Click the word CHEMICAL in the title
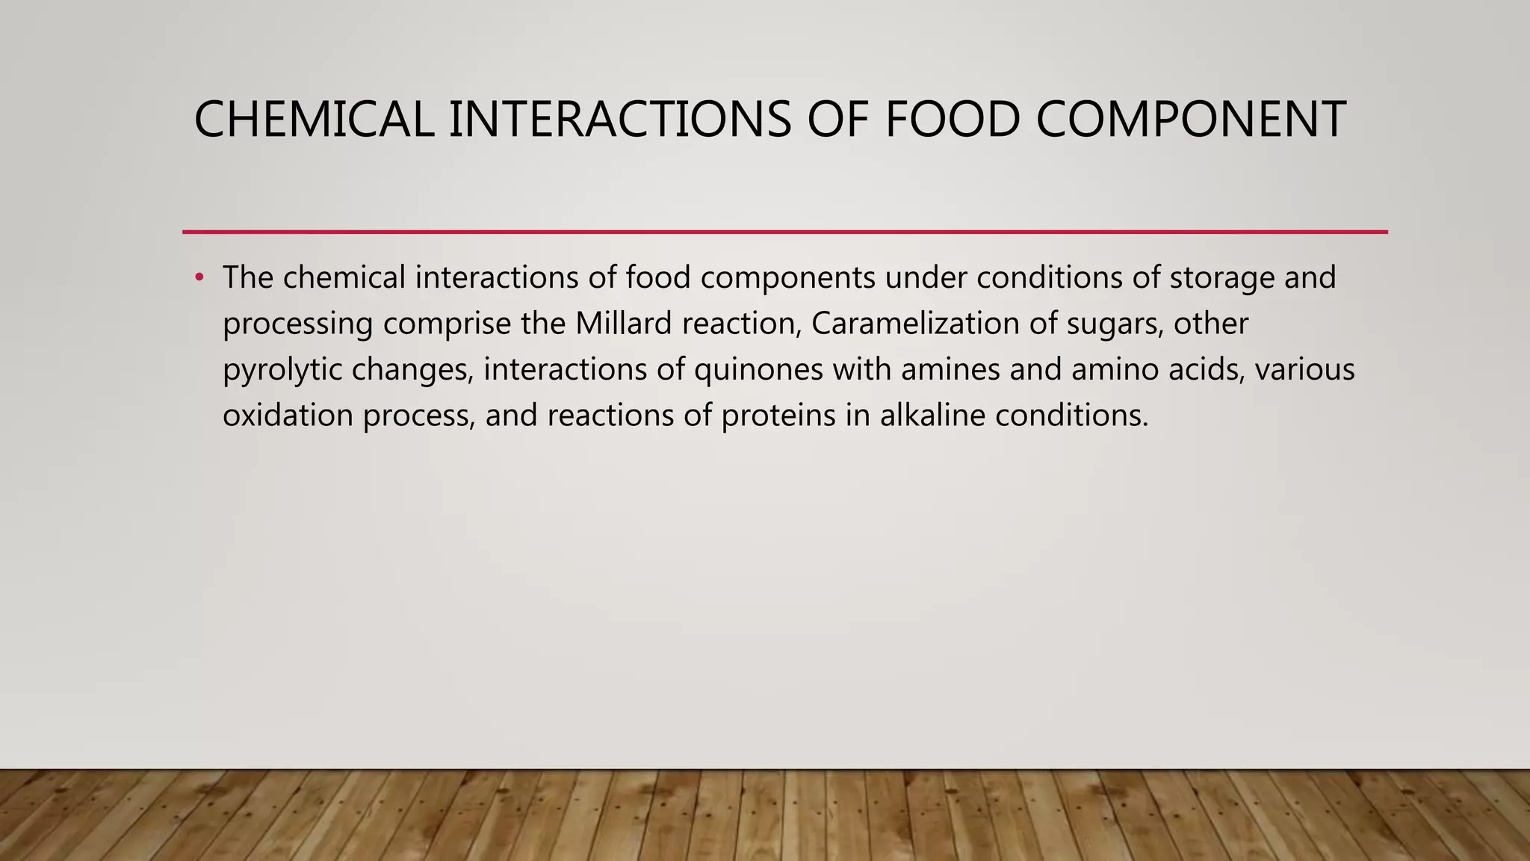(x=314, y=120)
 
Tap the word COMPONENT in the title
(x=1191, y=120)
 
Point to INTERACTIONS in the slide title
(x=619, y=120)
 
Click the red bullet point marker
(x=199, y=278)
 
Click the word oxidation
(x=288, y=416)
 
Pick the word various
(x=1304, y=370)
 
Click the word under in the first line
(x=926, y=278)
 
